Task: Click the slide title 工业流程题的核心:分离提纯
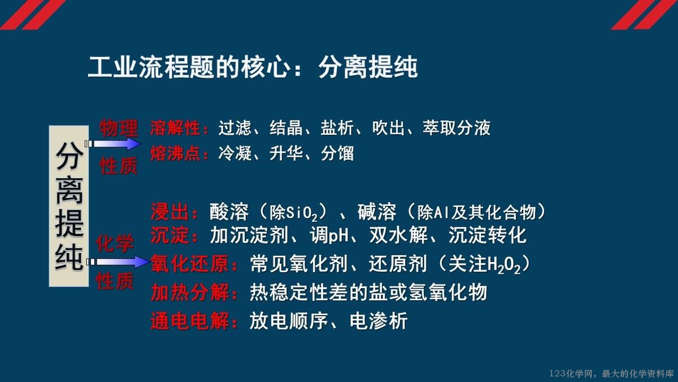253,67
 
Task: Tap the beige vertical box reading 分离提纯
69,206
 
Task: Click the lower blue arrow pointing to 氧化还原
118,261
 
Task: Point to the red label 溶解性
175,128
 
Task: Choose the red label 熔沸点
175,153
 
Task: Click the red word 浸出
170,212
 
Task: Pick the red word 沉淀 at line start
170,235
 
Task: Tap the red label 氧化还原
190,264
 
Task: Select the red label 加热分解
190,293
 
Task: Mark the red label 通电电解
190,321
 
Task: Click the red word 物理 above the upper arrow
119,128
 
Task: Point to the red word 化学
115,243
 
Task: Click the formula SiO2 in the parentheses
302,213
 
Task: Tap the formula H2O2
503,265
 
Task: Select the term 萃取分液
457,128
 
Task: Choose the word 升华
286,153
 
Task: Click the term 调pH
329,235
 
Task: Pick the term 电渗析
379,321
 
